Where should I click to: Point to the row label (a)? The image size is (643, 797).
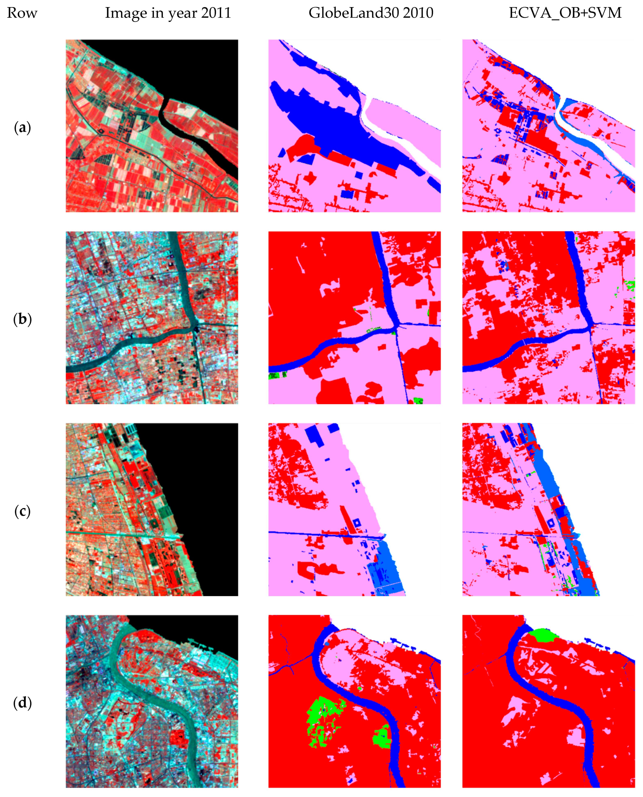tap(22, 127)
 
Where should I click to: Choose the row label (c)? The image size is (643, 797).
tap(22, 511)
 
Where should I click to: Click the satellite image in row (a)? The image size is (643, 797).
tap(152, 126)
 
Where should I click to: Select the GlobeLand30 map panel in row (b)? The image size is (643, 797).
tap(354, 318)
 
